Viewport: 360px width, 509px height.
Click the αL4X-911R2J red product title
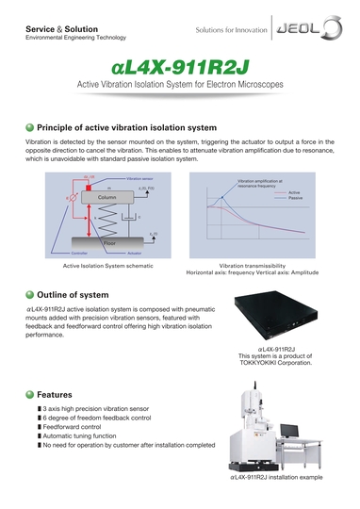pos(179,69)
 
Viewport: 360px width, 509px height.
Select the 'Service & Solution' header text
pos(52,29)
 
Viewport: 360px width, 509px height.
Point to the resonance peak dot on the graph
pos(221,199)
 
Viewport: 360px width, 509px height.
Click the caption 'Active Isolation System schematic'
pos(97,267)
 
